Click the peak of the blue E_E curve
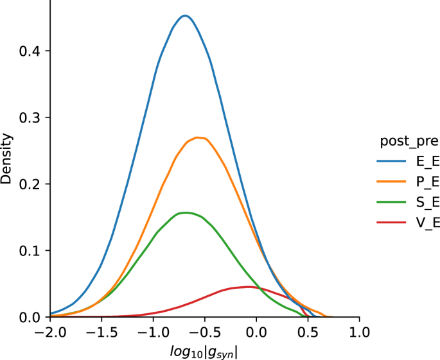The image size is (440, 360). tap(185, 15)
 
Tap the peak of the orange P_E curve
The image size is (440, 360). tap(198, 137)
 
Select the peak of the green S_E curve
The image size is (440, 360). tap(186, 212)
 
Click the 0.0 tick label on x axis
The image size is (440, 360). tap(256, 333)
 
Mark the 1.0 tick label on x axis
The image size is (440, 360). tap(360, 333)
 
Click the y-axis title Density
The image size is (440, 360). tap(7, 159)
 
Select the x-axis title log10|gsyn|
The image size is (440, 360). tap(204, 351)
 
